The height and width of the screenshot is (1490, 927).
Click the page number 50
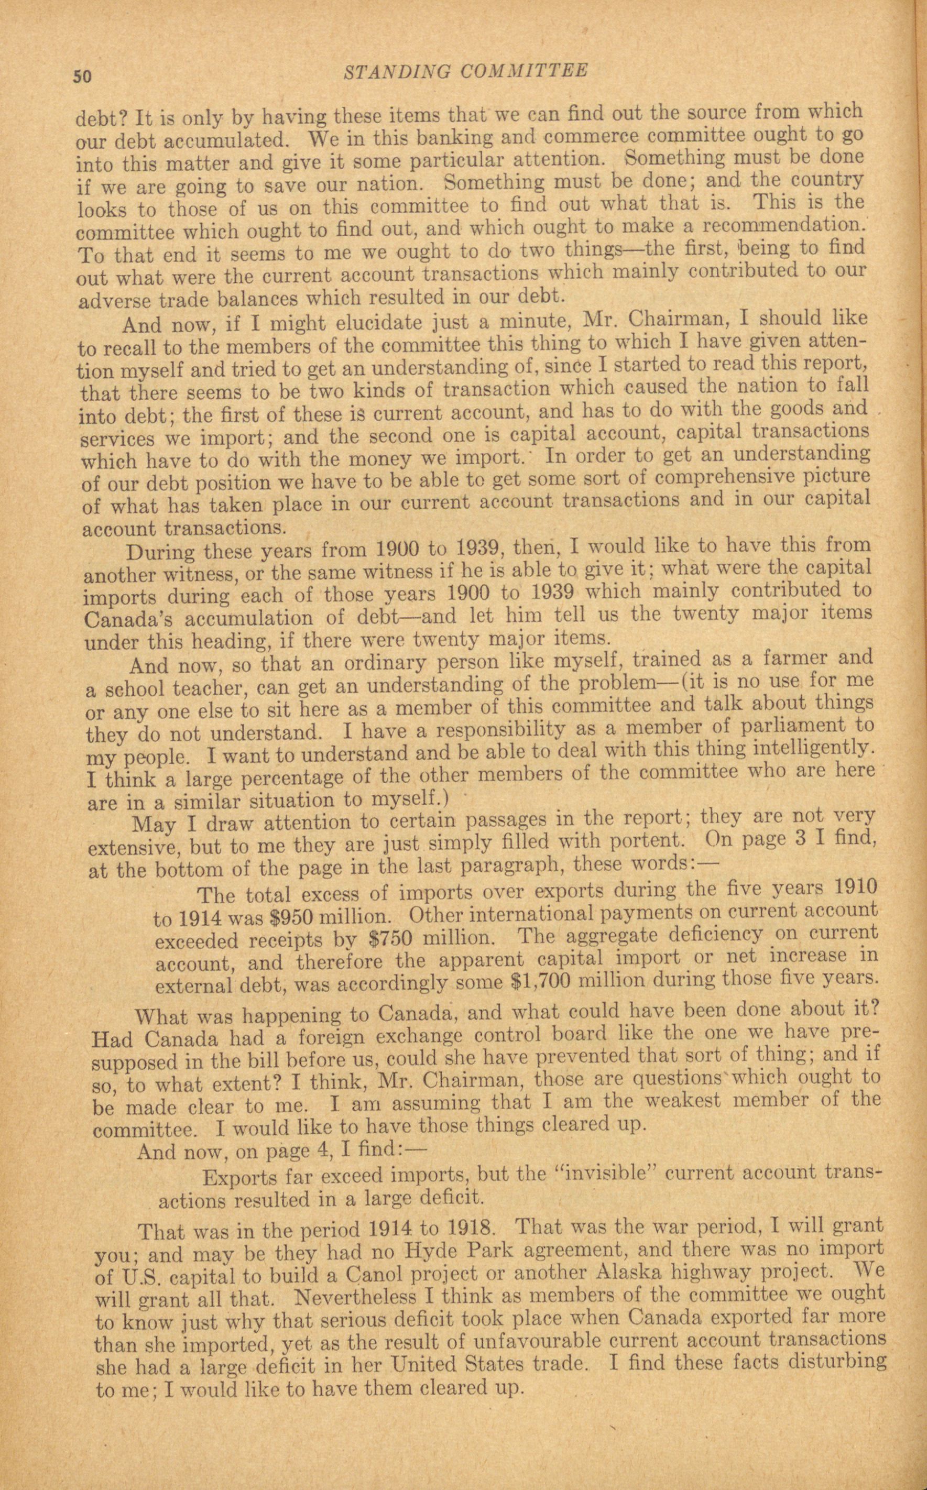click(x=82, y=76)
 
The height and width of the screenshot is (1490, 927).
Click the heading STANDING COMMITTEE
click(x=465, y=71)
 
